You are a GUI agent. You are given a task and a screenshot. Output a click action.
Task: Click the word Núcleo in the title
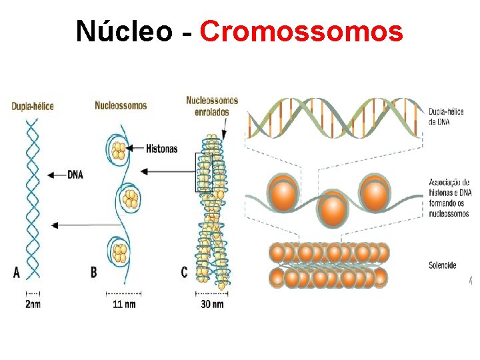124,31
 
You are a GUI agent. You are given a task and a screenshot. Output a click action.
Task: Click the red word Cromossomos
301,31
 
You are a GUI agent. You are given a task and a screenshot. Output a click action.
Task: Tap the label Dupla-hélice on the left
32,106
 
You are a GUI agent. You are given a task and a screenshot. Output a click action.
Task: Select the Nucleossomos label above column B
121,105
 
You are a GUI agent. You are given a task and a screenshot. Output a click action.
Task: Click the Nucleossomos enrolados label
211,106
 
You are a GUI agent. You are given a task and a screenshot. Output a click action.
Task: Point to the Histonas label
161,149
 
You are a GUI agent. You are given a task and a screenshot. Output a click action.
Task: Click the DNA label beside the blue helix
75,175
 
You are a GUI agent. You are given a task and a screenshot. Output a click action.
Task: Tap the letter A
17,272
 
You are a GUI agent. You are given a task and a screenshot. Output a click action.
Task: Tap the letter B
94,272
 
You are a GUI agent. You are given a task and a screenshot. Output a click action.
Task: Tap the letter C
184,272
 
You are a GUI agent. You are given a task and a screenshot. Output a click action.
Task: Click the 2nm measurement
32,305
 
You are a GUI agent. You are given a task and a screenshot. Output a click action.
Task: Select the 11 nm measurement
124,305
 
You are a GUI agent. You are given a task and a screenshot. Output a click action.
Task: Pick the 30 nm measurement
211,305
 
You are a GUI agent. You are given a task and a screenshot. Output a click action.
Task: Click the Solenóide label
443,265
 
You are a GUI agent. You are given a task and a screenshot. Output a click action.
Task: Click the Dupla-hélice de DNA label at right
446,117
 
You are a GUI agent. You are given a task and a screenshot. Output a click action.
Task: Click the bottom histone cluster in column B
121,253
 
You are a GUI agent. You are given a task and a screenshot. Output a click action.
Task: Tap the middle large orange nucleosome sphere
331,209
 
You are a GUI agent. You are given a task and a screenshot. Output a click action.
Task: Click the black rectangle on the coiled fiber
204,173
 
